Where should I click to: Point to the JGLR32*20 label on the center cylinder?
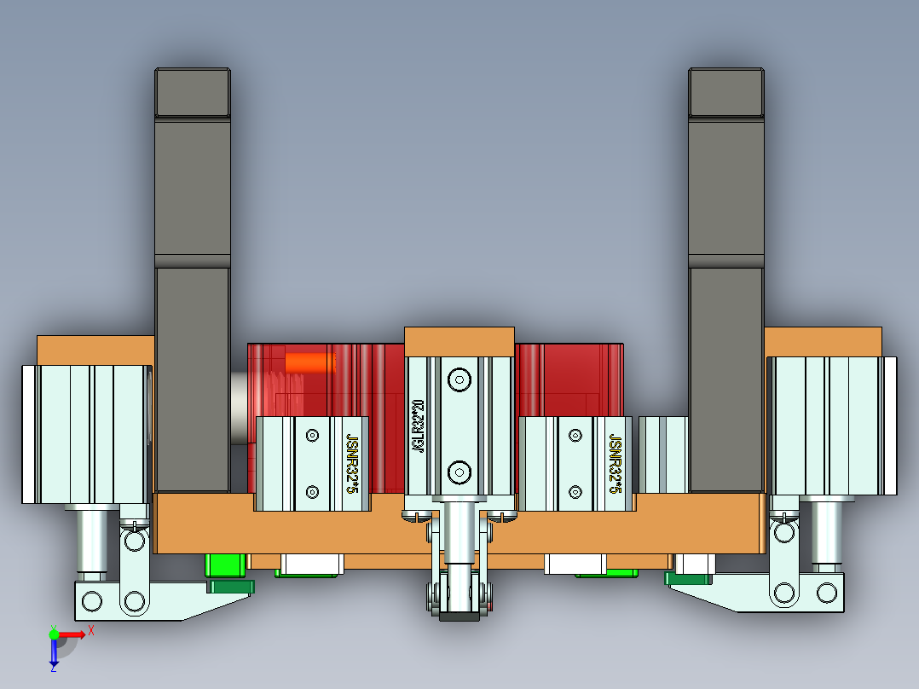[418, 426]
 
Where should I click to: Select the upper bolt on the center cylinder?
[459, 379]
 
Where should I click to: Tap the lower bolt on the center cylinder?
[459, 471]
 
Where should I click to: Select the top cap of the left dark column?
[193, 92]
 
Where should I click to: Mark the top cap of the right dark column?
[726, 92]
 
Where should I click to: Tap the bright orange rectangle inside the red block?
[311, 363]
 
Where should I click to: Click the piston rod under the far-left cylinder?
[93, 539]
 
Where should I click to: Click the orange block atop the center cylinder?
[459, 341]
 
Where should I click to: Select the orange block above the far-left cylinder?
[95, 350]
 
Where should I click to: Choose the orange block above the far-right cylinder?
[823, 341]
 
